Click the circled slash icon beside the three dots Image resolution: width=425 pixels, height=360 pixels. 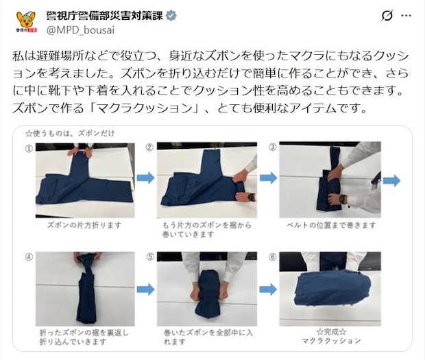(x=387, y=15)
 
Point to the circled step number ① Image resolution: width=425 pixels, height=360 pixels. (x=29, y=147)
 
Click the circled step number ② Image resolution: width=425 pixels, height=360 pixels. (x=149, y=147)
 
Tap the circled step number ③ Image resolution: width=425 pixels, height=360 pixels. (x=272, y=147)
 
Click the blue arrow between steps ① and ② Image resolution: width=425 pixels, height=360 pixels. (x=145, y=178)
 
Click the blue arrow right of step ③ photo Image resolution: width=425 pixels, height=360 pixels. (x=391, y=181)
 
